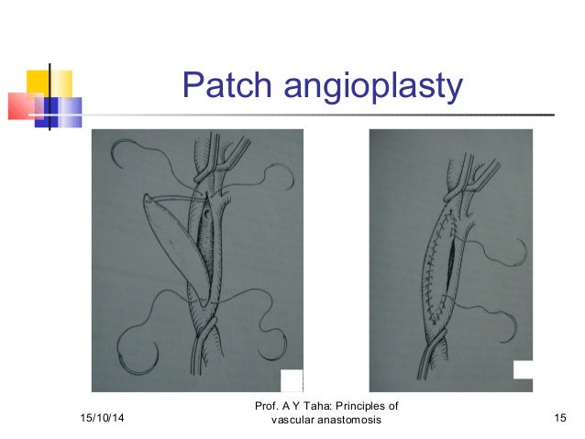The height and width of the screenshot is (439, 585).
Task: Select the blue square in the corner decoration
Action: [x=62, y=111]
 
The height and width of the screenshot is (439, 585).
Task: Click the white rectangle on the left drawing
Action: [x=292, y=379]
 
